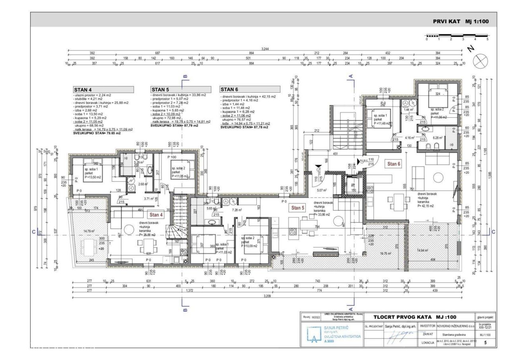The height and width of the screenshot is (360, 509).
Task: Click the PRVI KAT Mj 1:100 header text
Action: (461, 21)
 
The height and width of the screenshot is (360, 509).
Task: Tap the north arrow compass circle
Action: (480, 61)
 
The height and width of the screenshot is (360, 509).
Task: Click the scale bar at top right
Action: (457, 36)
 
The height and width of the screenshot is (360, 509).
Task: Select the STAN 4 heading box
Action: (103, 90)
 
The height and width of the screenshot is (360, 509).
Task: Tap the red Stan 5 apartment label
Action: (298, 208)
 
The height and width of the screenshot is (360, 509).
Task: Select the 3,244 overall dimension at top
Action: (265, 49)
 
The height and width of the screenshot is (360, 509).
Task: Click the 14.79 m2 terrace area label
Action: (89, 230)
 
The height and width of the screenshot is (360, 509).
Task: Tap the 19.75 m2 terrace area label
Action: (385, 253)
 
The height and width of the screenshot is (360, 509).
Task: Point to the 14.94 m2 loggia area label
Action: (422, 250)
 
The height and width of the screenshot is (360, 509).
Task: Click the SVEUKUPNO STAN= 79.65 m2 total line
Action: (97, 133)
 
